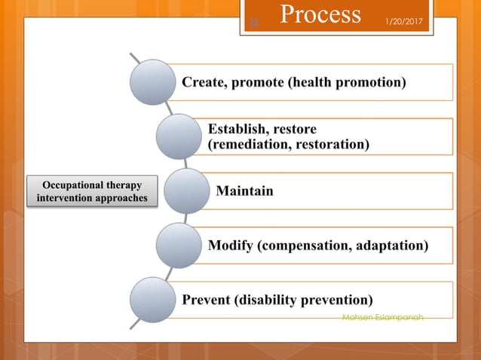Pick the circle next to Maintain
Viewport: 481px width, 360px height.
[x=186, y=191]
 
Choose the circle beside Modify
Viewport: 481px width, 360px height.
[x=179, y=245]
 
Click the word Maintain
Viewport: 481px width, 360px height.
[x=245, y=191]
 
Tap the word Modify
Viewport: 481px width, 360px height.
[x=232, y=246]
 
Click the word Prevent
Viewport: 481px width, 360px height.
[x=208, y=300]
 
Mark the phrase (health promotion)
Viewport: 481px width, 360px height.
[x=348, y=82]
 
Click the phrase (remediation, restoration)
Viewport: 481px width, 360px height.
[x=289, y=144]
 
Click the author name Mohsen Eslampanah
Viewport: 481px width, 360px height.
[x=382, y=318]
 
